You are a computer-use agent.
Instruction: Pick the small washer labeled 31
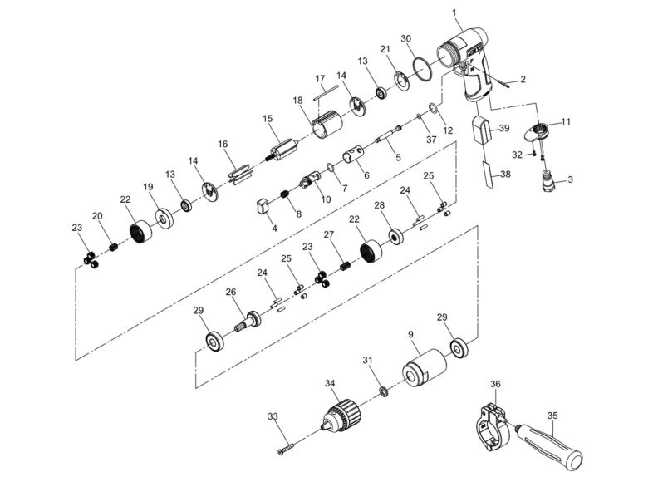(x=382, y=390)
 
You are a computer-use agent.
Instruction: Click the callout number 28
(x=379, y=205)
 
